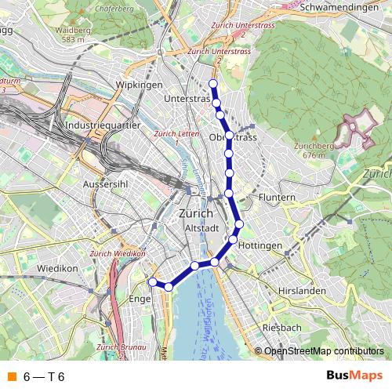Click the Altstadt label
(x=199, y=227)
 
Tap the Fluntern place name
(x=277, y=198)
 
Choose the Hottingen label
(x=259, y=246)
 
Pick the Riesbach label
(x=282, y=327)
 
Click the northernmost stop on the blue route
(x=212, y=83)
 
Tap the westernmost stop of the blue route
(x=153, y=281)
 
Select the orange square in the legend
(x=11, y=377)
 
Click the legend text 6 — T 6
(x=44, y=377)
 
